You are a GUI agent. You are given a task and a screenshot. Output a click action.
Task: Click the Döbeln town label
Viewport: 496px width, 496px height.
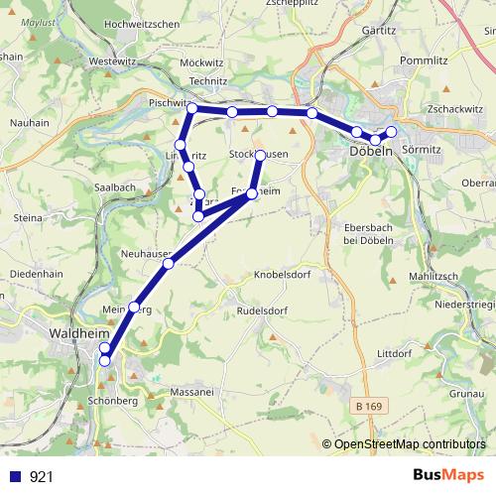(371, 151)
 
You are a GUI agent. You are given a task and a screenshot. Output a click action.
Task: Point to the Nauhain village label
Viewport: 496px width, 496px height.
(29, 122)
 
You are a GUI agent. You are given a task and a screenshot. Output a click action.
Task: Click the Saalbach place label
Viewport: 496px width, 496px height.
(114, 186)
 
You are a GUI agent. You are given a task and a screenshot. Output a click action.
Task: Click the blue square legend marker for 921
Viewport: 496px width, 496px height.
(13, 476)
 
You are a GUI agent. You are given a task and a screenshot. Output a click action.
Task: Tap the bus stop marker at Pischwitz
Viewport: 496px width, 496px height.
(192, 108)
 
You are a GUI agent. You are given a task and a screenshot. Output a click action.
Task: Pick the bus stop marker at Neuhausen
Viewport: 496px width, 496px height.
(169, 263)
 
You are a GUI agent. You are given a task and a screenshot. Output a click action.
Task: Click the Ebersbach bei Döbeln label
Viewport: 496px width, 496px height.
(369, 232)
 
